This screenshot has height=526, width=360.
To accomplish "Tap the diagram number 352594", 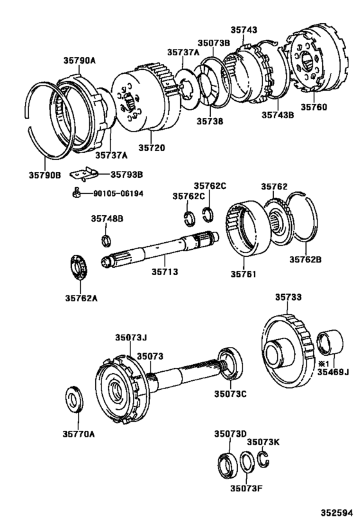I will pyautogui.click(x=337, y=513).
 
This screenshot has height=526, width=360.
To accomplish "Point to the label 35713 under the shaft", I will pyautogui.click(x=165, y=272).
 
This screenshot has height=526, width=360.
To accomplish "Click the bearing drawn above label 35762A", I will pyautogui.click(x=78, y=267).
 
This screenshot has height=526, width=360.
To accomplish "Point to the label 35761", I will pyautogui.click(x=244, y=274).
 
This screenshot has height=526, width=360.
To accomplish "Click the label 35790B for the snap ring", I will pyautogui.click(x=44, y=174).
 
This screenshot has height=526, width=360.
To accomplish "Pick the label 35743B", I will pyautogui.click(x=278, y=116).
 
